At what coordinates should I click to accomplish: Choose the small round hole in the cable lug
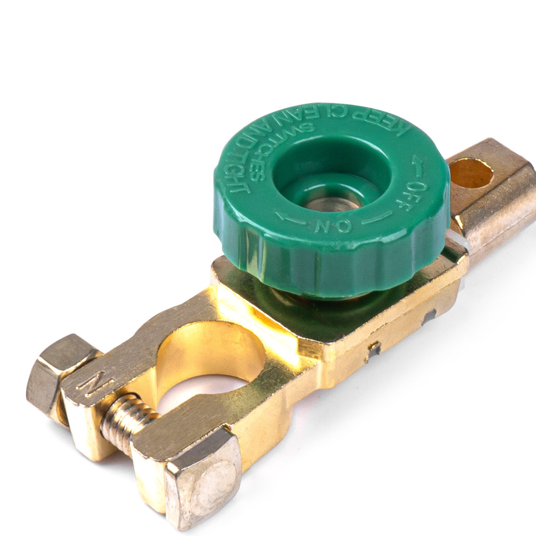point(471,173)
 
